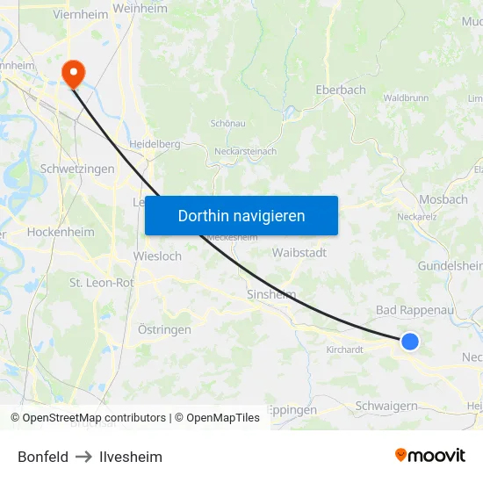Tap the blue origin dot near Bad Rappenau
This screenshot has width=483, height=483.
pyautogui.click(x=409, y=342)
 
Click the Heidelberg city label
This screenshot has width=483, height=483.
pyautogui.click(x=155, y=144)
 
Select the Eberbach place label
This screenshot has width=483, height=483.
pyautogui.click(x=341, y=90)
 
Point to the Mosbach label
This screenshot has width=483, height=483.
pyautogui.click(x=443, y=199)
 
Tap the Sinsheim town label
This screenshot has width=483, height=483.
pyautogui.click(x=271, y=294)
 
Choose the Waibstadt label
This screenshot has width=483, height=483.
pyautogui.click(x=299, y=252)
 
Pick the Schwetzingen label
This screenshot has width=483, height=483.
pyautogui.click(x=77, y=169)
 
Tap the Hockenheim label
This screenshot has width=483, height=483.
pyautogui.click(x=61, y=232)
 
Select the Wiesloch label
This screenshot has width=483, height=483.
pyautogui.click(x=157, y=256)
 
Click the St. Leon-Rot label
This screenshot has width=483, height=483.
pyautogui.click(x=102, y=283)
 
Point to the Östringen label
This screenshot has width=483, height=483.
pyautogui.click(x=164, y=329)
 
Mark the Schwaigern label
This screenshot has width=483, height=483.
pyautogui.click(x=386, y=406)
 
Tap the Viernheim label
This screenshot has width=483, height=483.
pyautogui.click(x=81, y=14)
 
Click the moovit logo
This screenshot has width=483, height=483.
pyautogui.click(x=430, y=455)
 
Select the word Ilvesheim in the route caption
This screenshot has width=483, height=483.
pyautogui.click(x=131, y=457)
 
